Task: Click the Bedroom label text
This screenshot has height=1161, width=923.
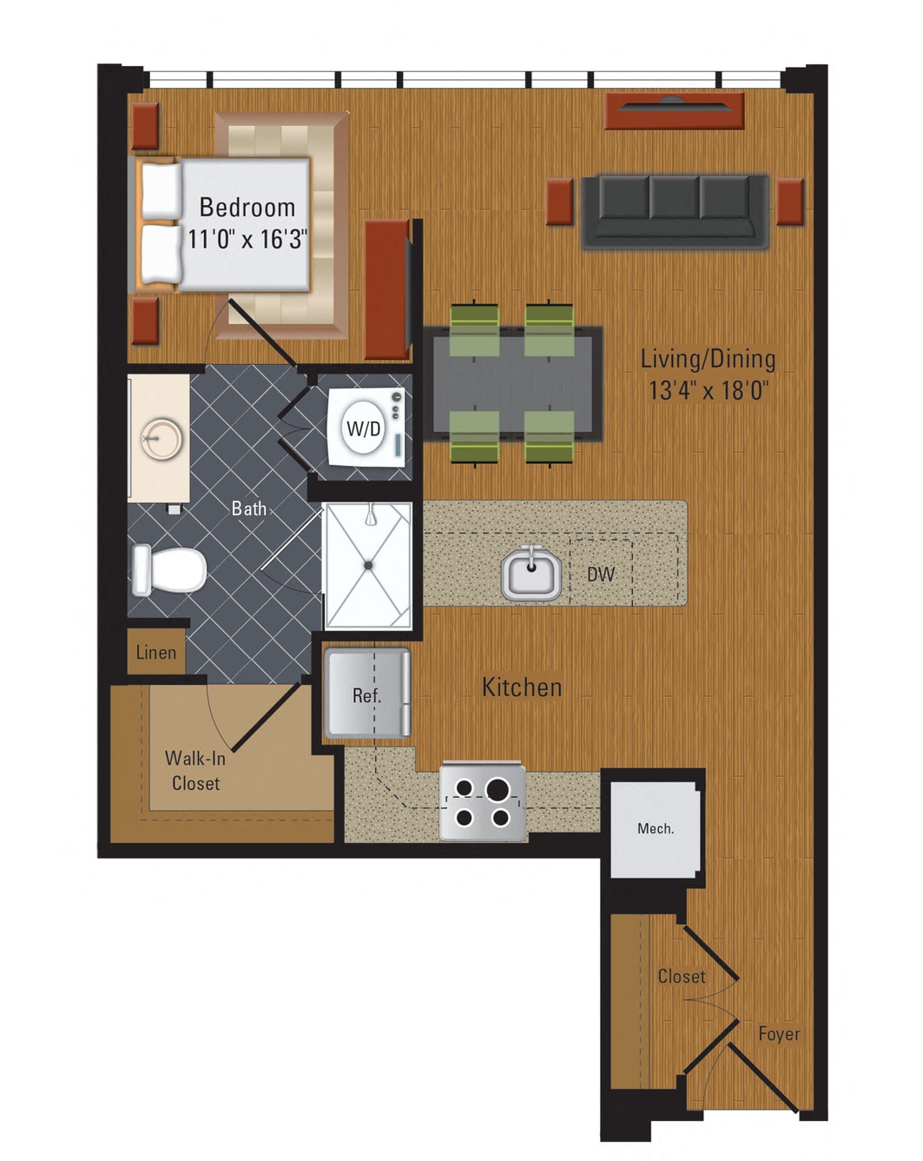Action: pyautogui.click(x=247, y=208)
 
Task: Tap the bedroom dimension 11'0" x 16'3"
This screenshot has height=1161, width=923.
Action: pyautogui.click(x=247, y=239)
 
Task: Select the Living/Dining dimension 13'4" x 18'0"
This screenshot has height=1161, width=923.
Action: pyautogui.click(x=709, y=390)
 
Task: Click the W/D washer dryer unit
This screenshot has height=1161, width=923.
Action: pyautogui.click(x=364, y=428)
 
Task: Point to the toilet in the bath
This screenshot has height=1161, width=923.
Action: pyautogui.click(x=169, y=569)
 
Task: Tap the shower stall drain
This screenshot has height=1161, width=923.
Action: pyautogui.click(x=368, y=566)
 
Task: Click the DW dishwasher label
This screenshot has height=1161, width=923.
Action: pyautogui.click(x=601, y=574)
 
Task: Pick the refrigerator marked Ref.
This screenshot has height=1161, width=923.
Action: pyautogui.click(x=366, y=695)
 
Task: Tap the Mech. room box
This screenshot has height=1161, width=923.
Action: pyautogui.click(x=655, y=829)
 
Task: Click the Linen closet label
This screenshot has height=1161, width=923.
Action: pyautogui.click(x=156, y=653)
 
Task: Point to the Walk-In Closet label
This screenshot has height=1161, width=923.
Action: pyautogui.click(x=195, y=771)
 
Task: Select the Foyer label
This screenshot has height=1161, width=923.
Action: pyautogui.click(x=778, y=1034)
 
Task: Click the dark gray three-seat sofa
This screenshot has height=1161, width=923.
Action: pyautogui.click(x=675, y=210)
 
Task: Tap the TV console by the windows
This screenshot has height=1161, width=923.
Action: pyautogui.click(x=675, y=111)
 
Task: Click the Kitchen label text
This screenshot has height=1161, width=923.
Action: pyautogui.click(x=522, y=687)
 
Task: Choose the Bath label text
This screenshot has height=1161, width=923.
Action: pyautogui.click(x=249, y=508)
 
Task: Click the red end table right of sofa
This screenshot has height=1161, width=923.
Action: pyautogui.click(x=789, y=202)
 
